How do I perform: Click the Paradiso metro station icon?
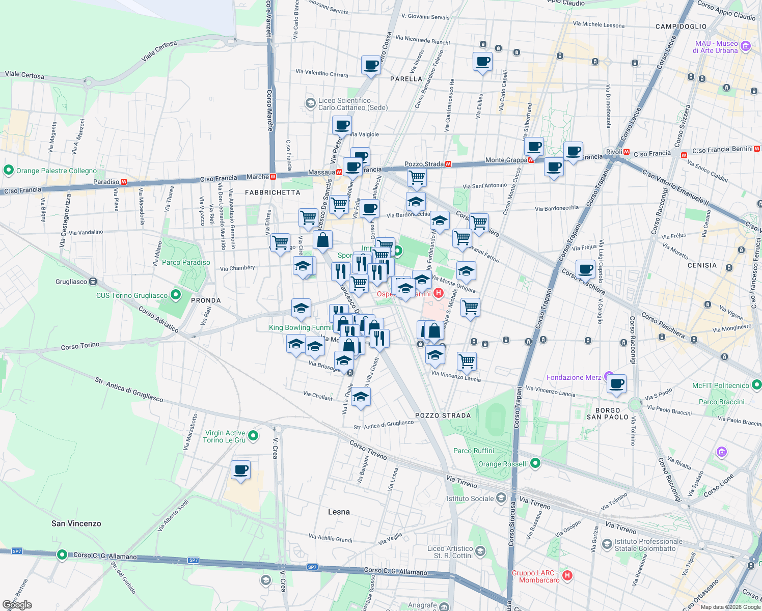pos(123,182)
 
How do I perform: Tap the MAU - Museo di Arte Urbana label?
pos(716,47)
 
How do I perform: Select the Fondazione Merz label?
pos(574,377)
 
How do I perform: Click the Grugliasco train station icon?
pos(93,282)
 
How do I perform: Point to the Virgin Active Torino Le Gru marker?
pos(254,436)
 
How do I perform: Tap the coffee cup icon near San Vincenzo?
pos(240,470)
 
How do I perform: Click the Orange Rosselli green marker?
pos(535,463)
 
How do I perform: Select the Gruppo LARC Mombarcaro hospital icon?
pos(567,575)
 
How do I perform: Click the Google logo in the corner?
pos(17,605)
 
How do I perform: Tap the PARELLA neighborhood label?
pos(406,79)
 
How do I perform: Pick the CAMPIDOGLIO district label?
pos(681,26)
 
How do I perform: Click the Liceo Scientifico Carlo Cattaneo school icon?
pos(310,104)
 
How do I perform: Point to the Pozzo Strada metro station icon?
pos(448,164)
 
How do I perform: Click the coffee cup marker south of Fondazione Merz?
pos(616,384)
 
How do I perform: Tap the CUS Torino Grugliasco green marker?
pos(176,295)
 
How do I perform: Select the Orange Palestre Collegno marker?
pos(8,170)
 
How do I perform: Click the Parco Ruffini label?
pos(474,451)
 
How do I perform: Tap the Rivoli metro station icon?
pos(627,152)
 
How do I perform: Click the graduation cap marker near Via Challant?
pos(361,397)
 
